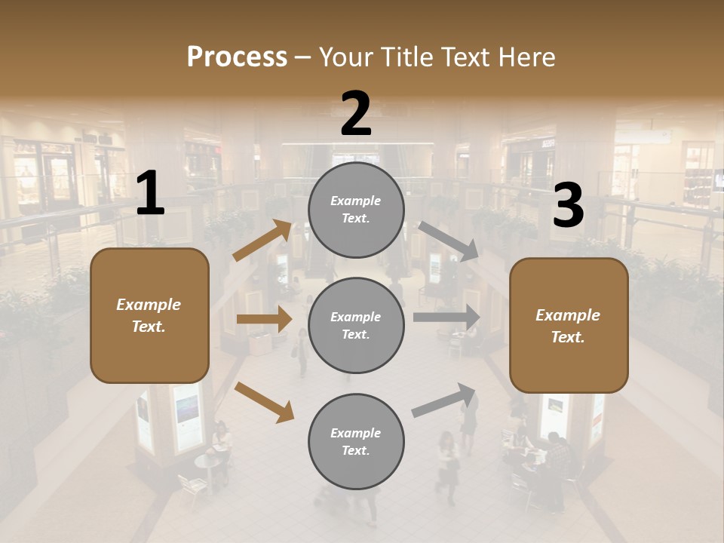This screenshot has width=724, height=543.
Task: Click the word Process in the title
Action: click(237, 57)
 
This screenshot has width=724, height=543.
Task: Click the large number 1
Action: click(150, 194)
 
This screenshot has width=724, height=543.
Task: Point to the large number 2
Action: click(356, 114)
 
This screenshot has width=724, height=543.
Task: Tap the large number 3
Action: click(568, 206)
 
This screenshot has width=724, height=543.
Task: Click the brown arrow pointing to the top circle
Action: click(262, 241)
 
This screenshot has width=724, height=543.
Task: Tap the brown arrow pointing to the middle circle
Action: click(264, 319)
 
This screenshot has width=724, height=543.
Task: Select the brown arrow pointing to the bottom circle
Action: click(264, 401)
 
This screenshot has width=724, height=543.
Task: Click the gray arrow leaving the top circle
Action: click(448, 241)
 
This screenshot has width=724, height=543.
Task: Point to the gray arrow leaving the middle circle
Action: click(446, 318)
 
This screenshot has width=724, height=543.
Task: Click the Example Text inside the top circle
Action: click(356, 210)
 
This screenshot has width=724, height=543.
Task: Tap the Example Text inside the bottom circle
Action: click(356, 442)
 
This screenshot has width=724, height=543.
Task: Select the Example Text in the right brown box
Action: click(568, 326)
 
